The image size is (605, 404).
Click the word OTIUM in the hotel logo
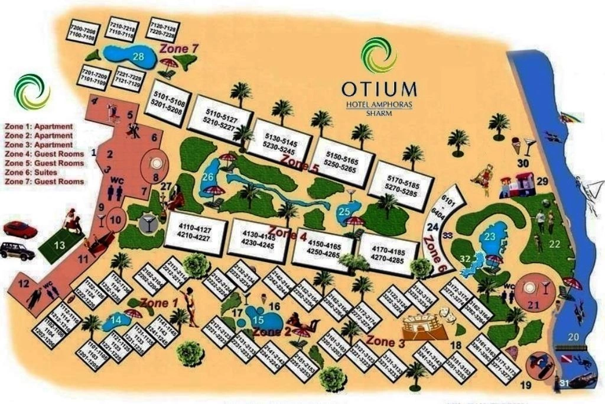[379, 89]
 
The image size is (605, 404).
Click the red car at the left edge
[20, 229]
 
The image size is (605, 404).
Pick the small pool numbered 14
[116, 322]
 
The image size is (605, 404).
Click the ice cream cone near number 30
[516, 145]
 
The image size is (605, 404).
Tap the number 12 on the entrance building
[24, 284]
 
